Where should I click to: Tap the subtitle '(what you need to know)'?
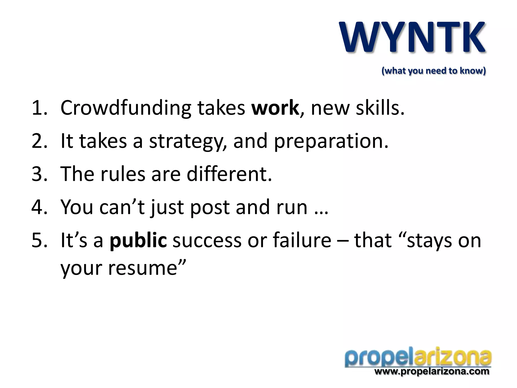pyautogui.click(x=433, y=71)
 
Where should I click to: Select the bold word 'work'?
pyautogui.click(x=275, y=108)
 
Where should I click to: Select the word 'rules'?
pyautogui.click(x=123, y=174)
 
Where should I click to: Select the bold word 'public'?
pyautogui.click(x=138, y=241)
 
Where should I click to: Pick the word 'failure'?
pyautogui.click(x=302, y=240)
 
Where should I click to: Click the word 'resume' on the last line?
pyautogui.click(x=143, y=268)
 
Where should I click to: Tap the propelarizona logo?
pyautogui.click(x=418, y=358)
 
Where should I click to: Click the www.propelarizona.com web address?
pyautogui.click(x=432, y=372)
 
